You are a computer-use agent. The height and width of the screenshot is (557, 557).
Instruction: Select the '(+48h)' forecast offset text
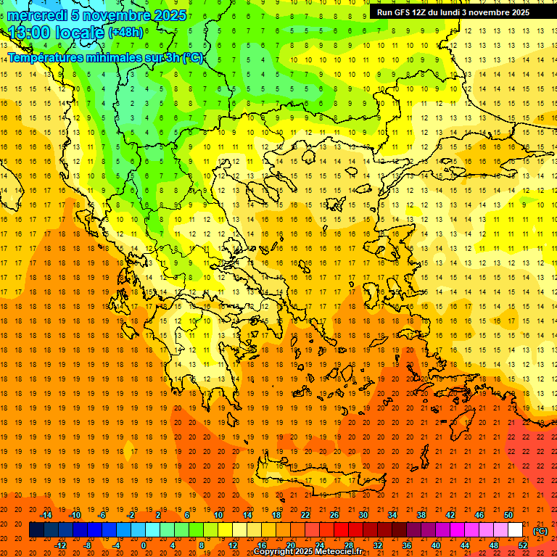tap(125, 33)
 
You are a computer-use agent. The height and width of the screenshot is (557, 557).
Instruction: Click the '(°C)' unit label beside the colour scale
tap(540, 531)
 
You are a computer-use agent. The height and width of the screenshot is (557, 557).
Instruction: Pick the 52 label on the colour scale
tap(523, 545)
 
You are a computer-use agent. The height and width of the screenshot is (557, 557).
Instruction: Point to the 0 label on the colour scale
tap(143, 545)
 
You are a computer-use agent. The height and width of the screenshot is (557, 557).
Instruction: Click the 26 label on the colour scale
tap(334, 515)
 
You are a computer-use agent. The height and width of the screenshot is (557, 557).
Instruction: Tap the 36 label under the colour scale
tap(406, 545)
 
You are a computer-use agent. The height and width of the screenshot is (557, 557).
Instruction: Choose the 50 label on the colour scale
tap(508, 515)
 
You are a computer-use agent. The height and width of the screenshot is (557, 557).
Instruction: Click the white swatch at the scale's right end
tap(516, 530)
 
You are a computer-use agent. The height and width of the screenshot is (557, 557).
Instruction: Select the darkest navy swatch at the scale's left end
tap(37, 530)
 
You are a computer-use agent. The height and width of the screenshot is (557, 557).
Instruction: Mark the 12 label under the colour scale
tap(232, 545)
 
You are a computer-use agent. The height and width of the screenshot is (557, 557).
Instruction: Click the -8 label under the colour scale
tap(87, 545)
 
